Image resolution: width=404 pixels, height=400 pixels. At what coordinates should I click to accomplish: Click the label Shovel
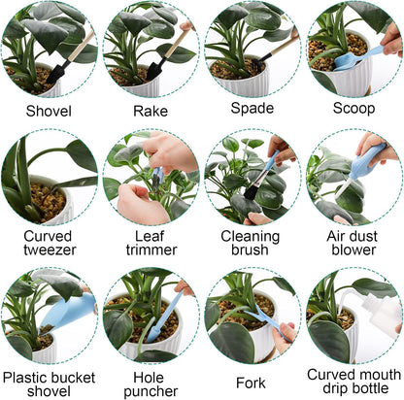pos(49,111)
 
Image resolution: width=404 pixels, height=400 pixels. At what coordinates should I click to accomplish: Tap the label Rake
pos(151,111)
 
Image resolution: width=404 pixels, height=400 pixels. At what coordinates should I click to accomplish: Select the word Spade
pos(252,108)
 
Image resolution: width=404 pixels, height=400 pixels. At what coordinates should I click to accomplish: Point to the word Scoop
pos(353,108)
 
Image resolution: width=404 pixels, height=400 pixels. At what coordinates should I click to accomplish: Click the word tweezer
pos(50,250)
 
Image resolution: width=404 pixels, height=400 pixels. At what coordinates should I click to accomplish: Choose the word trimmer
pos(151,250)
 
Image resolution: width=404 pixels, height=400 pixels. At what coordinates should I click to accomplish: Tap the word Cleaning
pos(251,237)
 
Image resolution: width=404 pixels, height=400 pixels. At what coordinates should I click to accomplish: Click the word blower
pos(353,250)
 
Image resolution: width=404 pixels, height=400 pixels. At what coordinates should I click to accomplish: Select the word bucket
pos(73,378)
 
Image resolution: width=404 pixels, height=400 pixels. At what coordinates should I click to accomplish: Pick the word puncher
pos(151,391)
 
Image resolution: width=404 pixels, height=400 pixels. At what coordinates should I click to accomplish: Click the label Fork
pos(251,383)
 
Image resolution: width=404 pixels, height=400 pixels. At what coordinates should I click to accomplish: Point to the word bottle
pos(370,388)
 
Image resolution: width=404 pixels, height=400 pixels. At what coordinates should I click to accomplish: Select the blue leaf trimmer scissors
pos(157,177)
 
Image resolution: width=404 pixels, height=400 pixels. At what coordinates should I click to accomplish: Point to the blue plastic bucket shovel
pos(69,312)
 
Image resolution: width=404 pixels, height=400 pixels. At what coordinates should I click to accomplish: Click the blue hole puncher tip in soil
pos(152,333)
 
